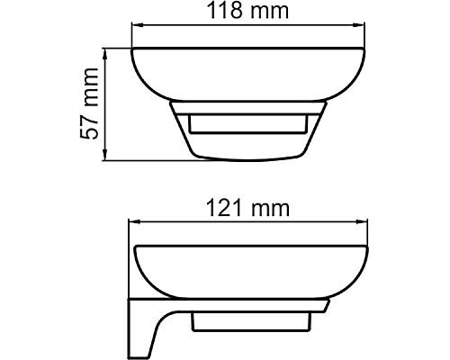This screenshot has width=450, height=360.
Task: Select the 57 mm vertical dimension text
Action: pos(87,104)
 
